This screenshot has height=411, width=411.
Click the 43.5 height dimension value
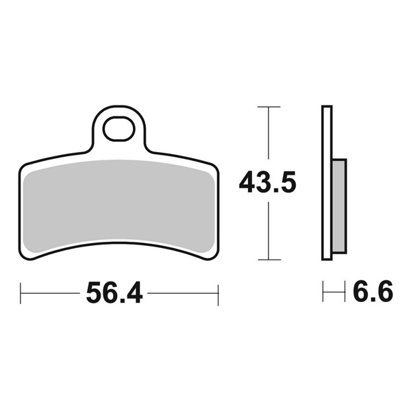point(268,183)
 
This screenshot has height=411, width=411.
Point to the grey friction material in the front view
point(120,206)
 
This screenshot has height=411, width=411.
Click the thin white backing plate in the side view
point(327,182)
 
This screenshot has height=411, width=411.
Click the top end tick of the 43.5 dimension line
point(268,107)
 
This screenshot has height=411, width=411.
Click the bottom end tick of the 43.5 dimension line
point(268,260)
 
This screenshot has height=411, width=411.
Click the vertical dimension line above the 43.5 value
point(268,137)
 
